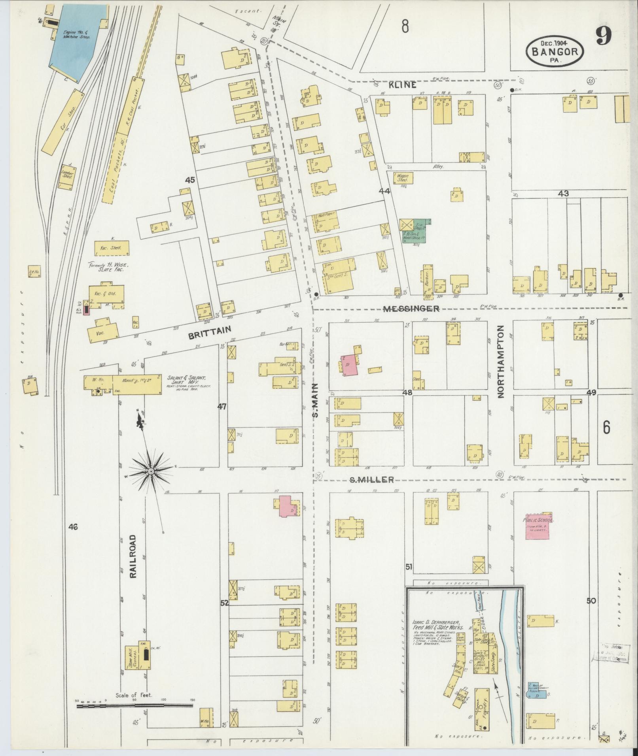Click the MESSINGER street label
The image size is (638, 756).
411,309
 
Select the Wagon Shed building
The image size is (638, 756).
403,178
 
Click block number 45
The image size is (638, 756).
190,180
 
